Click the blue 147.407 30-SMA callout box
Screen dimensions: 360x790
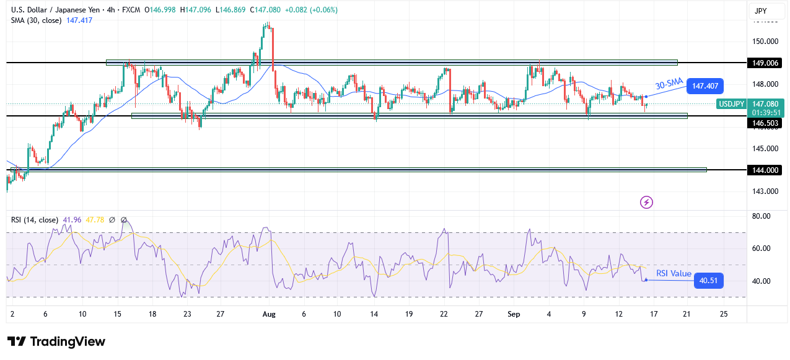click(705, 87)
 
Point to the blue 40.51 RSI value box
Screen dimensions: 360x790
click(708, 281)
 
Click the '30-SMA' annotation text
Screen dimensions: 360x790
click(669, 84)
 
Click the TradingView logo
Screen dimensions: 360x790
click(56, 342)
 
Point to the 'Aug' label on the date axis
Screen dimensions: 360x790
click(268, 314)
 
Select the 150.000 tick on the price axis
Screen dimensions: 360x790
click(765, 42)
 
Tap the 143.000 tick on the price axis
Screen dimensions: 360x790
click(765, 191)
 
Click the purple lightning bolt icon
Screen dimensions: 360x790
click(647, 202)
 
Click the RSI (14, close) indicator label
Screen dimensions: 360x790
click(35, 219)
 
